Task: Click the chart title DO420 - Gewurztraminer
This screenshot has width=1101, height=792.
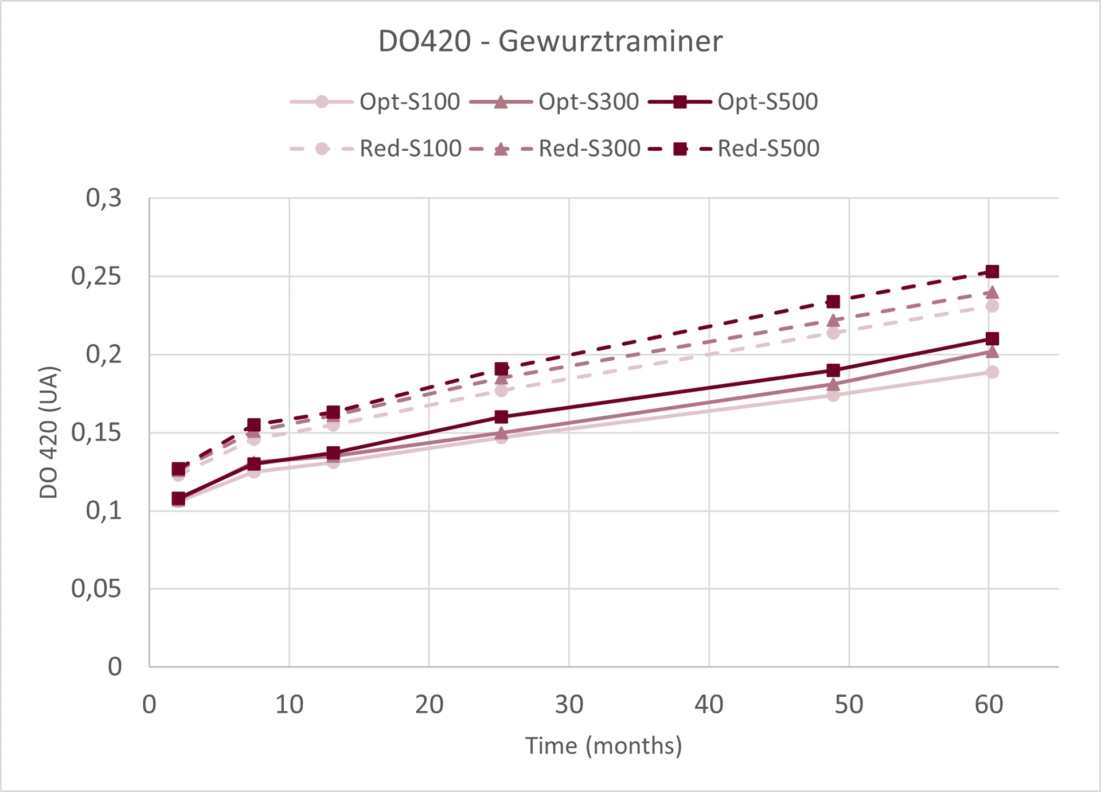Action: pyautogui.click(x=550, y=41)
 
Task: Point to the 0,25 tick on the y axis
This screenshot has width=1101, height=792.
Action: pyautogui.click(x=96, y=276)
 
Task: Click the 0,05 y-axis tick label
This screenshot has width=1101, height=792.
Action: pyautogui.click(x=96, y=589)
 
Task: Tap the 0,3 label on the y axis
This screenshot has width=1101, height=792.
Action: pyautogui.click(x=104, y=198)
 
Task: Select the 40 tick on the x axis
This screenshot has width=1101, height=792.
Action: pyautogui.click(x=709, y=705)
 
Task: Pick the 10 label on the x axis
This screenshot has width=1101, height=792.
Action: pyautogui.click(x=289, y=705)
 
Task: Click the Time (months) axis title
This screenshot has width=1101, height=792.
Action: pyautogui.click(x=604, y=746)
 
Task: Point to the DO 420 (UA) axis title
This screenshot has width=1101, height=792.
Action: pyautogui.click(x=49, y=432)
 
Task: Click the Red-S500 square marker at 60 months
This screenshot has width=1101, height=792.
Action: pyautogui.click(x=992, y=271)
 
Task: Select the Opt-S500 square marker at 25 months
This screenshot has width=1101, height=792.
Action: pyautogui.click(x=501, y=416)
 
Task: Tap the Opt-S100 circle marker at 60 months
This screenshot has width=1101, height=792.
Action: pyautogui.click(x=992, y=372)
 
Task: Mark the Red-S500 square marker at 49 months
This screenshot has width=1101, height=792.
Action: pyautogui.click(x=833, y=302)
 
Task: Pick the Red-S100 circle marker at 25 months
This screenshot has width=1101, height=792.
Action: pyautogui.click(x=501, y=391)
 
